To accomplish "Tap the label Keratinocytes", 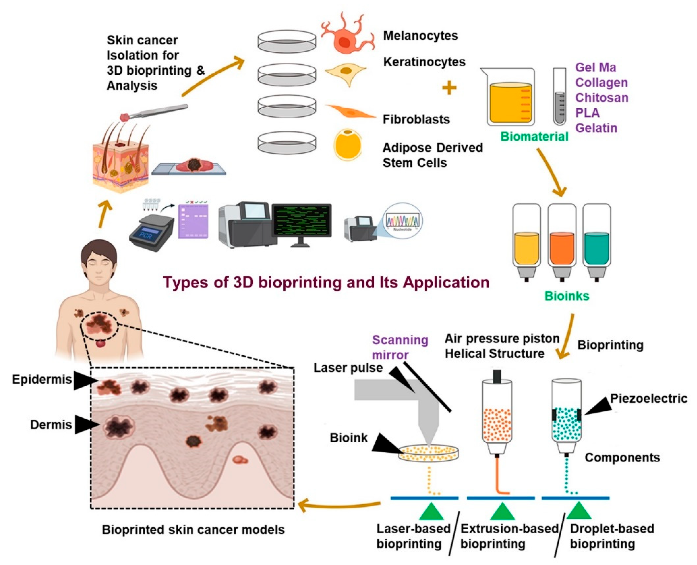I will click(x=424, y=62).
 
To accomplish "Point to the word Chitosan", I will click(x=602, y=98).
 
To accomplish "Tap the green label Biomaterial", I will click(x=534, y=136).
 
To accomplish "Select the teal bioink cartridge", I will click(x=596, y=242).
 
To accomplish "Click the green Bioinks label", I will click(x=567, y=296).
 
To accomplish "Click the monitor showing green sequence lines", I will click(x=301, y=221).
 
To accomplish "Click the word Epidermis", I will click(x=42, y=379).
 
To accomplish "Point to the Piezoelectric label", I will click(x=648, y=398).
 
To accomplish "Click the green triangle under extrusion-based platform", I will click(x=502, y=512).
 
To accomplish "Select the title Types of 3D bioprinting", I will click(x=326, y=282).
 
